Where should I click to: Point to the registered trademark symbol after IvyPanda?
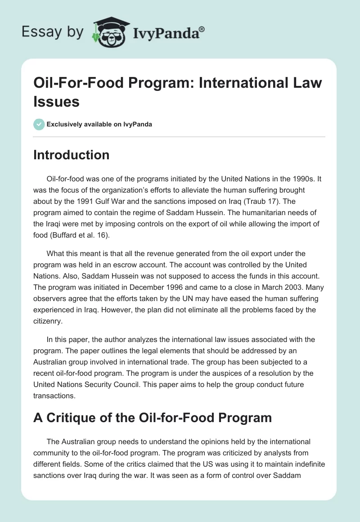202,30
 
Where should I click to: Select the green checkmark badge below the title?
39,125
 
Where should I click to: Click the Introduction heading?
72,155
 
